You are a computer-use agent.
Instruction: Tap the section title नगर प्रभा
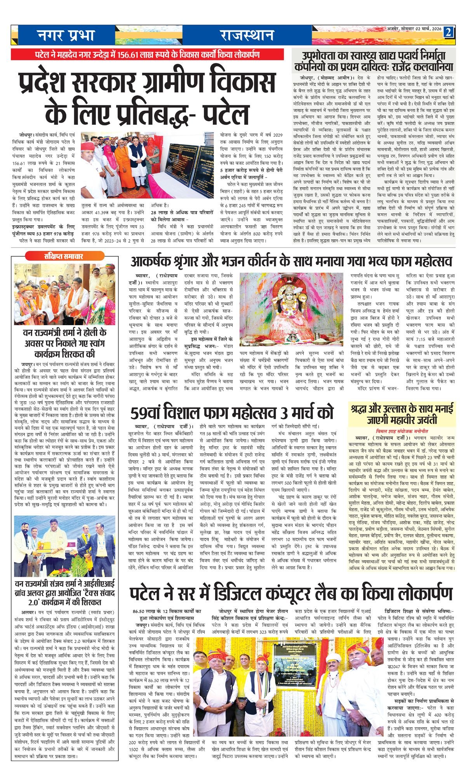tap(66, 36)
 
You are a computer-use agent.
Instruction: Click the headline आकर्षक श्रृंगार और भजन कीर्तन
tap(291, 260)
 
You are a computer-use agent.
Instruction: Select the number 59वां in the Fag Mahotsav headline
tap(150, 413)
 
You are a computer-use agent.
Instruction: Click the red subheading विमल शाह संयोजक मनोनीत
tap(402, 431)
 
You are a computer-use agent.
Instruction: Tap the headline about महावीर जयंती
tap(402, 414)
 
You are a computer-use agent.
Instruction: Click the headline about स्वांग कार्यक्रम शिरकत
tap(64, 343)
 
